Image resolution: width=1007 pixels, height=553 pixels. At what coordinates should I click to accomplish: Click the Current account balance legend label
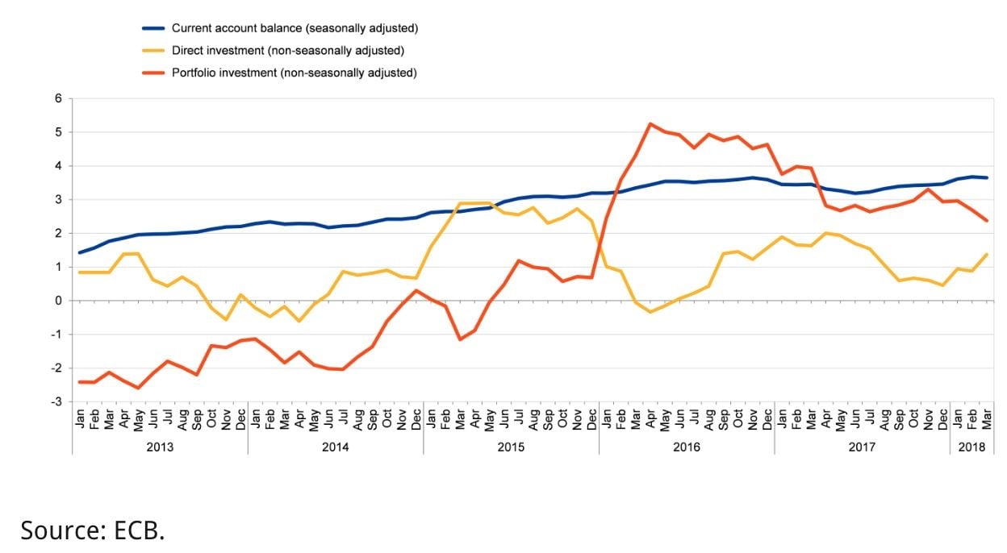point(295,28)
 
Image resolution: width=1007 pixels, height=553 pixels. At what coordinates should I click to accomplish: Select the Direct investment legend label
point(287,50)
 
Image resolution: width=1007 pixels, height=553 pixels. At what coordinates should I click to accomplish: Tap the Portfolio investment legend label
point(294,73)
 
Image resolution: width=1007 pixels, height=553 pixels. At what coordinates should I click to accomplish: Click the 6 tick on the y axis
point(58,98)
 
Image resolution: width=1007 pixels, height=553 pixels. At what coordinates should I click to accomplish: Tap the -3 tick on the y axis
point(56,401)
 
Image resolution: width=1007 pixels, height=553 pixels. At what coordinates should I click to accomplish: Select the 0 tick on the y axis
point(58,301)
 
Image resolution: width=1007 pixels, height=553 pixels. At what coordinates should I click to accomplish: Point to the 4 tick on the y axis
point(58,166)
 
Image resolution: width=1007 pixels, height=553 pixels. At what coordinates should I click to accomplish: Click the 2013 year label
point(159,446)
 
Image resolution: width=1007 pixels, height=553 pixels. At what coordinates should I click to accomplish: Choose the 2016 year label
point(686,446)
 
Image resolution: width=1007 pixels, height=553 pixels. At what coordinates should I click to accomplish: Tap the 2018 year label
point(971,446)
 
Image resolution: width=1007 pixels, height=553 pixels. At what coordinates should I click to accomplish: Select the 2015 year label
point(510,446)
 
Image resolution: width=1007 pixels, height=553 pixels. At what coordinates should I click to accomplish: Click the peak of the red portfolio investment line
point(650,124)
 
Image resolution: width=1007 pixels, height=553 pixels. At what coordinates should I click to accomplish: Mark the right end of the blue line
point(986,177)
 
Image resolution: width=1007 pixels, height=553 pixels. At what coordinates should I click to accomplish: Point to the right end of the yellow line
point(986,255)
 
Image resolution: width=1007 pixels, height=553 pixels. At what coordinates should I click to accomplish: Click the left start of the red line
point(80,382)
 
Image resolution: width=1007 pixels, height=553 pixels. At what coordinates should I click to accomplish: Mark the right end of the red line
point(986,220)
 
